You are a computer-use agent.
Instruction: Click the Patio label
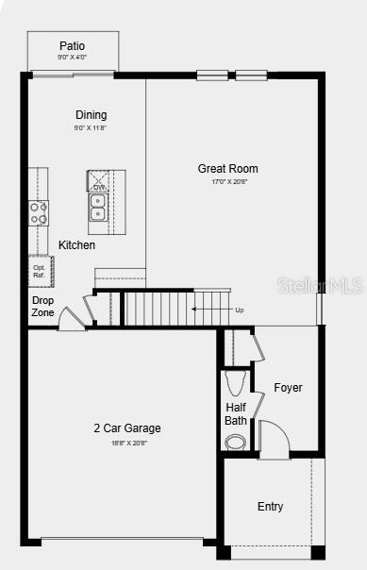(x=73, y=45)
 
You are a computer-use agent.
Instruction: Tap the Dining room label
(x=92, y=115)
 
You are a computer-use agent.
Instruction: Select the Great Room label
(x=227, y=169)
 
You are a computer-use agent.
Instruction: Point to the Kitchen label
(x=76, y=245)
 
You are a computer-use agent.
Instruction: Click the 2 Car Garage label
(x=126, y=428)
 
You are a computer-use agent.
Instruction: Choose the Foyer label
(x=288, y=388)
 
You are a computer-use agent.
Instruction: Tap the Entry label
(x=270, y=507)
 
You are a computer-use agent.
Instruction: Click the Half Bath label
(x=236, y=414)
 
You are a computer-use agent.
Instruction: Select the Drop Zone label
(x=43, y=307)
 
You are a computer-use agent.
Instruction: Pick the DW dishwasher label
(x=98, y=187)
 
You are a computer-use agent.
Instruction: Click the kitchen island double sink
(x=98, y=207)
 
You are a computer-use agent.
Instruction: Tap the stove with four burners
(x=39, y=213)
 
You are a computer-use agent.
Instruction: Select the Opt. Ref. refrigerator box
(x=39, y=271)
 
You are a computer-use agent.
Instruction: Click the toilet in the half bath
(x=235, y=383)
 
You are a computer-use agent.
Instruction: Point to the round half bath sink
(x=235, y=441)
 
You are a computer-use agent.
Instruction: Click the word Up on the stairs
(x=239, y=310)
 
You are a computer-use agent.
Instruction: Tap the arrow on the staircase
(x=208, y=309)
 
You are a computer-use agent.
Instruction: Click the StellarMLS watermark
(x=330, y=285)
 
